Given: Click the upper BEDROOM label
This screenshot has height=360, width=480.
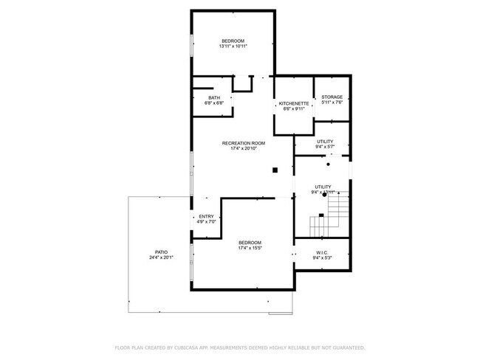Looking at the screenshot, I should (233, 41).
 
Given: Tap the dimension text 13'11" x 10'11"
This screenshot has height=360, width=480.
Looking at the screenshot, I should (233, 46).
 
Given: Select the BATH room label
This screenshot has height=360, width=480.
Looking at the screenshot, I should (214, 97).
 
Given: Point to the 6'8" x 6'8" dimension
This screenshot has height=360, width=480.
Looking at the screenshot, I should (214, 103).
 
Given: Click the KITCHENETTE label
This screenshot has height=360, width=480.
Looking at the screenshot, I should (293, 103).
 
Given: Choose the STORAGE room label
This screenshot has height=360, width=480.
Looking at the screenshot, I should (332, 97).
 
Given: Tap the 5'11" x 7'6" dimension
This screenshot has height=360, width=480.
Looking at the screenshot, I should (332, 103).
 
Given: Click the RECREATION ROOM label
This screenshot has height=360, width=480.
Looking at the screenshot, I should (244, 143).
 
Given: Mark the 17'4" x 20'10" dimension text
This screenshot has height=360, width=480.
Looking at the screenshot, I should (244, 149).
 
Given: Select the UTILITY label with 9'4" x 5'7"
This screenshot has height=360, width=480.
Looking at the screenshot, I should (325, 141).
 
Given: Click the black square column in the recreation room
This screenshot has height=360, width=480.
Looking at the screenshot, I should (275, 170).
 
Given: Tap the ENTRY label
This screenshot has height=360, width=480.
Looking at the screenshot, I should (207, 216).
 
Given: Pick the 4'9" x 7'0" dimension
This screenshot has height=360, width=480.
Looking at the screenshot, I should (207, 222).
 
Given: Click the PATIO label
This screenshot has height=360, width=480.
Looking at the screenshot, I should (161, 252).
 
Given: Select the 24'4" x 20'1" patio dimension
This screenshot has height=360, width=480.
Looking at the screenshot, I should (161, 257).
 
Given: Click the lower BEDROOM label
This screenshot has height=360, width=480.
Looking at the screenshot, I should (250, 243).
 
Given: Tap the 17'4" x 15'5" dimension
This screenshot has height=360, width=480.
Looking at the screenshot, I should (250, 249).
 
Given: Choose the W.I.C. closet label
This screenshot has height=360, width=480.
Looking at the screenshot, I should (322, 252).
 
